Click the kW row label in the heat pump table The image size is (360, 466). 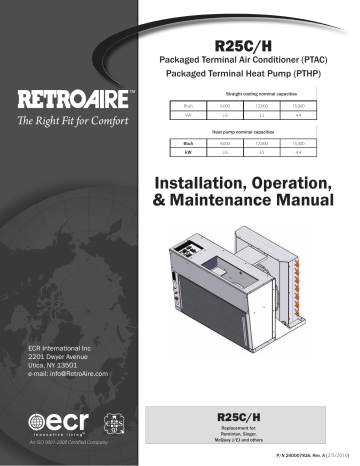[187, 154]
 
